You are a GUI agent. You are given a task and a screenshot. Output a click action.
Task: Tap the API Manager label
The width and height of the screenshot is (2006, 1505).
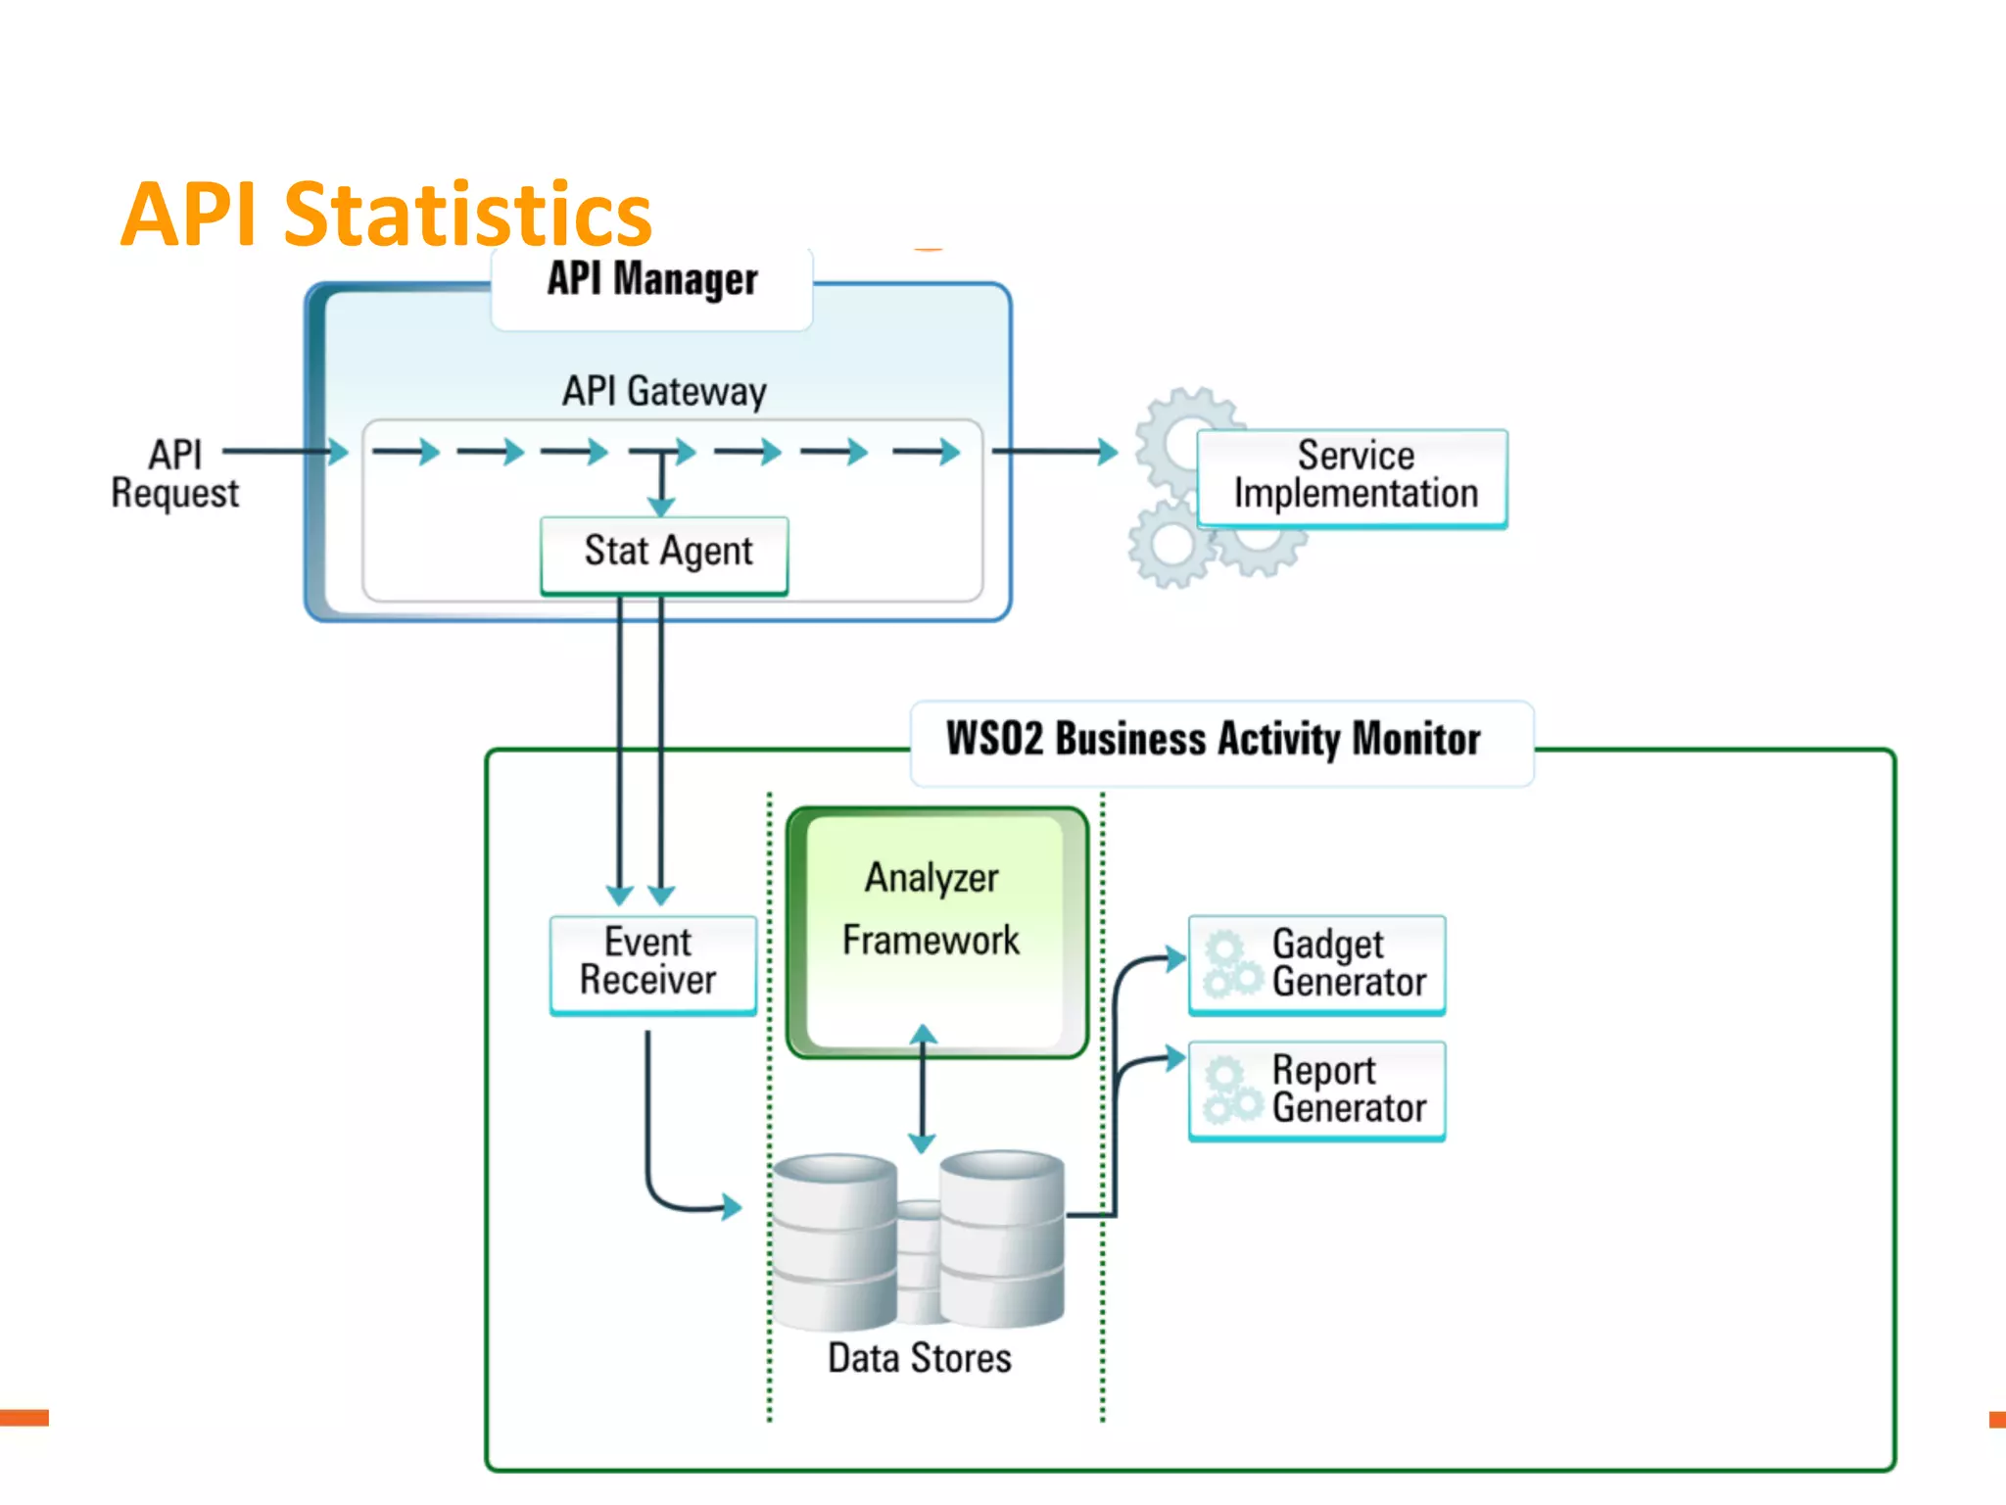point(652,279)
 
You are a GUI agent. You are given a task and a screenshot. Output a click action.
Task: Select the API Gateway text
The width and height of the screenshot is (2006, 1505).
point(664,391)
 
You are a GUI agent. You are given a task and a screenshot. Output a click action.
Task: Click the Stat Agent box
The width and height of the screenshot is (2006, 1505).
point(666,554)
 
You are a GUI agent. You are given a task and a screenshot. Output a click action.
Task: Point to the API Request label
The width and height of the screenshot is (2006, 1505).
point(174,474)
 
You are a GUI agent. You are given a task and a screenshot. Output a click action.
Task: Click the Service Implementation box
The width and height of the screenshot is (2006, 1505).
point(1354,477)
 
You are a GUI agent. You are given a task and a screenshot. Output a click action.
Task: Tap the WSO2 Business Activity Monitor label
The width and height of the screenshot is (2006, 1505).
point(1213,740)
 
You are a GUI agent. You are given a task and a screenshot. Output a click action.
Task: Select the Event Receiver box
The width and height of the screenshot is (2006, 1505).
point(650,963)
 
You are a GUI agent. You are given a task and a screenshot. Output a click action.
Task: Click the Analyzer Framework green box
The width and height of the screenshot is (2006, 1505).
point(935,931)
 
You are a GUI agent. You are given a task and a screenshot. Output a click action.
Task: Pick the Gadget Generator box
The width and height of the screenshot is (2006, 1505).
point(1317,964)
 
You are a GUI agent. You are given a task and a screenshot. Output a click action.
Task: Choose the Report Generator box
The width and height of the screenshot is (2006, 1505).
point(1317,1090)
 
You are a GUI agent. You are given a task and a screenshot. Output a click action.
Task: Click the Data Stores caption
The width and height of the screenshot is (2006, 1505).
point(919,1359)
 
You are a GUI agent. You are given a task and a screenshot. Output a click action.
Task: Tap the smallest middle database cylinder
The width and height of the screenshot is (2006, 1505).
point(919,1264)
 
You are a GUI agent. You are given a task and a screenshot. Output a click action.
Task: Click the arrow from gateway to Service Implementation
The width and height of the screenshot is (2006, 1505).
point(1054,452)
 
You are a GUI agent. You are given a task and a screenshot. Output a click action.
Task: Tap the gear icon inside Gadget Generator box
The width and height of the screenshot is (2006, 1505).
point(1230,965)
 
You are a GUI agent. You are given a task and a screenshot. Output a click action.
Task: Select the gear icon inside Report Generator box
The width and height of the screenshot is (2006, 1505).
point(1230,1091)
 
